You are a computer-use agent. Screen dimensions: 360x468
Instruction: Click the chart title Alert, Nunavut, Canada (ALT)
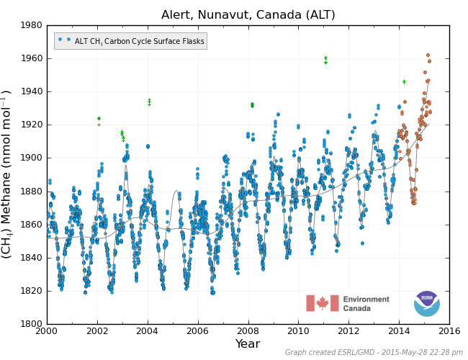pyautogui.click(x=248, y=14)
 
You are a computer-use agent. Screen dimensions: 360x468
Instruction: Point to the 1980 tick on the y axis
pyautogui.click(x=31, y=25)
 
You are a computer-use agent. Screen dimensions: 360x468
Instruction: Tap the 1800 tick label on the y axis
pyautogui.click(x=31, y=324)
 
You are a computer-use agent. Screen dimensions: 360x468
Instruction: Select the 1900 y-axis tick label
pyautogui.click(x=31, y=158)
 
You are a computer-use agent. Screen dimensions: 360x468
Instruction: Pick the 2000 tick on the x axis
pyautogui.click(x=47, y=330)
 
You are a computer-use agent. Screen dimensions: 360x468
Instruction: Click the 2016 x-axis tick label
pyautogui.click(x=449, y=330)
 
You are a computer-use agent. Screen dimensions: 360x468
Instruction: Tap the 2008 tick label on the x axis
pyautogui.click(x=248, y=330)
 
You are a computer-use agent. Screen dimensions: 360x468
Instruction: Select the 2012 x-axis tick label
pyautogui.click(x=349, y=330)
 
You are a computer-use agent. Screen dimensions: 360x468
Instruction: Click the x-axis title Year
pyautogui.click(x=248, y=344)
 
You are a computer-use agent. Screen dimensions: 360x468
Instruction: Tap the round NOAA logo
pyautogui.click(x=426, y=303)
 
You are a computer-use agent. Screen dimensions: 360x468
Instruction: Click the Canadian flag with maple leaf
pyautogui.click(x=322, y=303)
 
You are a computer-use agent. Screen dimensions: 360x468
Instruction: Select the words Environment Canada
pyautogui.click(x=366, y=304)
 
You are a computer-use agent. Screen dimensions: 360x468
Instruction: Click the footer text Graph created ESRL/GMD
pyautogui.click(x=373, y=353)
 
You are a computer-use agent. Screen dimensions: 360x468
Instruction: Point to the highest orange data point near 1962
pyautogui.click(x=428, y=55)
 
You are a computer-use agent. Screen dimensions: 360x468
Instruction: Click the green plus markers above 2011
pyautogui.click(x=325, y=60)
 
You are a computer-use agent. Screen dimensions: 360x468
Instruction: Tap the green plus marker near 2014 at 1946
pyautogui.click(x=404, y=81)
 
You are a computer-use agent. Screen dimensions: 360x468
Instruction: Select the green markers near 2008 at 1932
pyautogui.click(x=252, y=105)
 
